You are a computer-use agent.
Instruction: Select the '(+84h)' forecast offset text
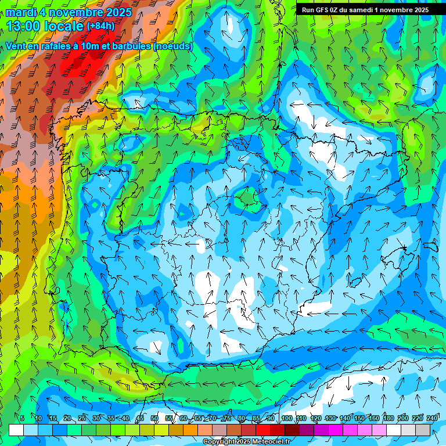pyautogui.click(x=100, y=26)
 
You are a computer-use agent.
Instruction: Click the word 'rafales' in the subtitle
pyautogui.click(x=47, y=46)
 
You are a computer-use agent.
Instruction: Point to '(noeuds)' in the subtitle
pyautogui.click(x=173, y=46)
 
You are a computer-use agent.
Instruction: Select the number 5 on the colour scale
pyautogui.click(x=22, y=418)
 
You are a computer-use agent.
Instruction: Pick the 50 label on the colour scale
pyautogui.click(x=154, y=418)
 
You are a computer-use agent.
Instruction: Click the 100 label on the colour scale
pyautogui.click(x=286, y=418)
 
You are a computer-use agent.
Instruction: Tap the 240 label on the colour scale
pyautogui.click(x=432, y=418)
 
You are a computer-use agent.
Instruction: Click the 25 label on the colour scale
pyautogui.click(x=81, y=418)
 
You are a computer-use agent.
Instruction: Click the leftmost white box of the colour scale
pyautogui.click(x=16, y=430)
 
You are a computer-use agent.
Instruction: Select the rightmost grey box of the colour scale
pyautogui.click(x=423, y=430)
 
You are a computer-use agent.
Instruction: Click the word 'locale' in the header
pyautogui.click(x=63, y=26)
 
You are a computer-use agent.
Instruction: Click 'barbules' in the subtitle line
pyautogui.click(x=131, y=46)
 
